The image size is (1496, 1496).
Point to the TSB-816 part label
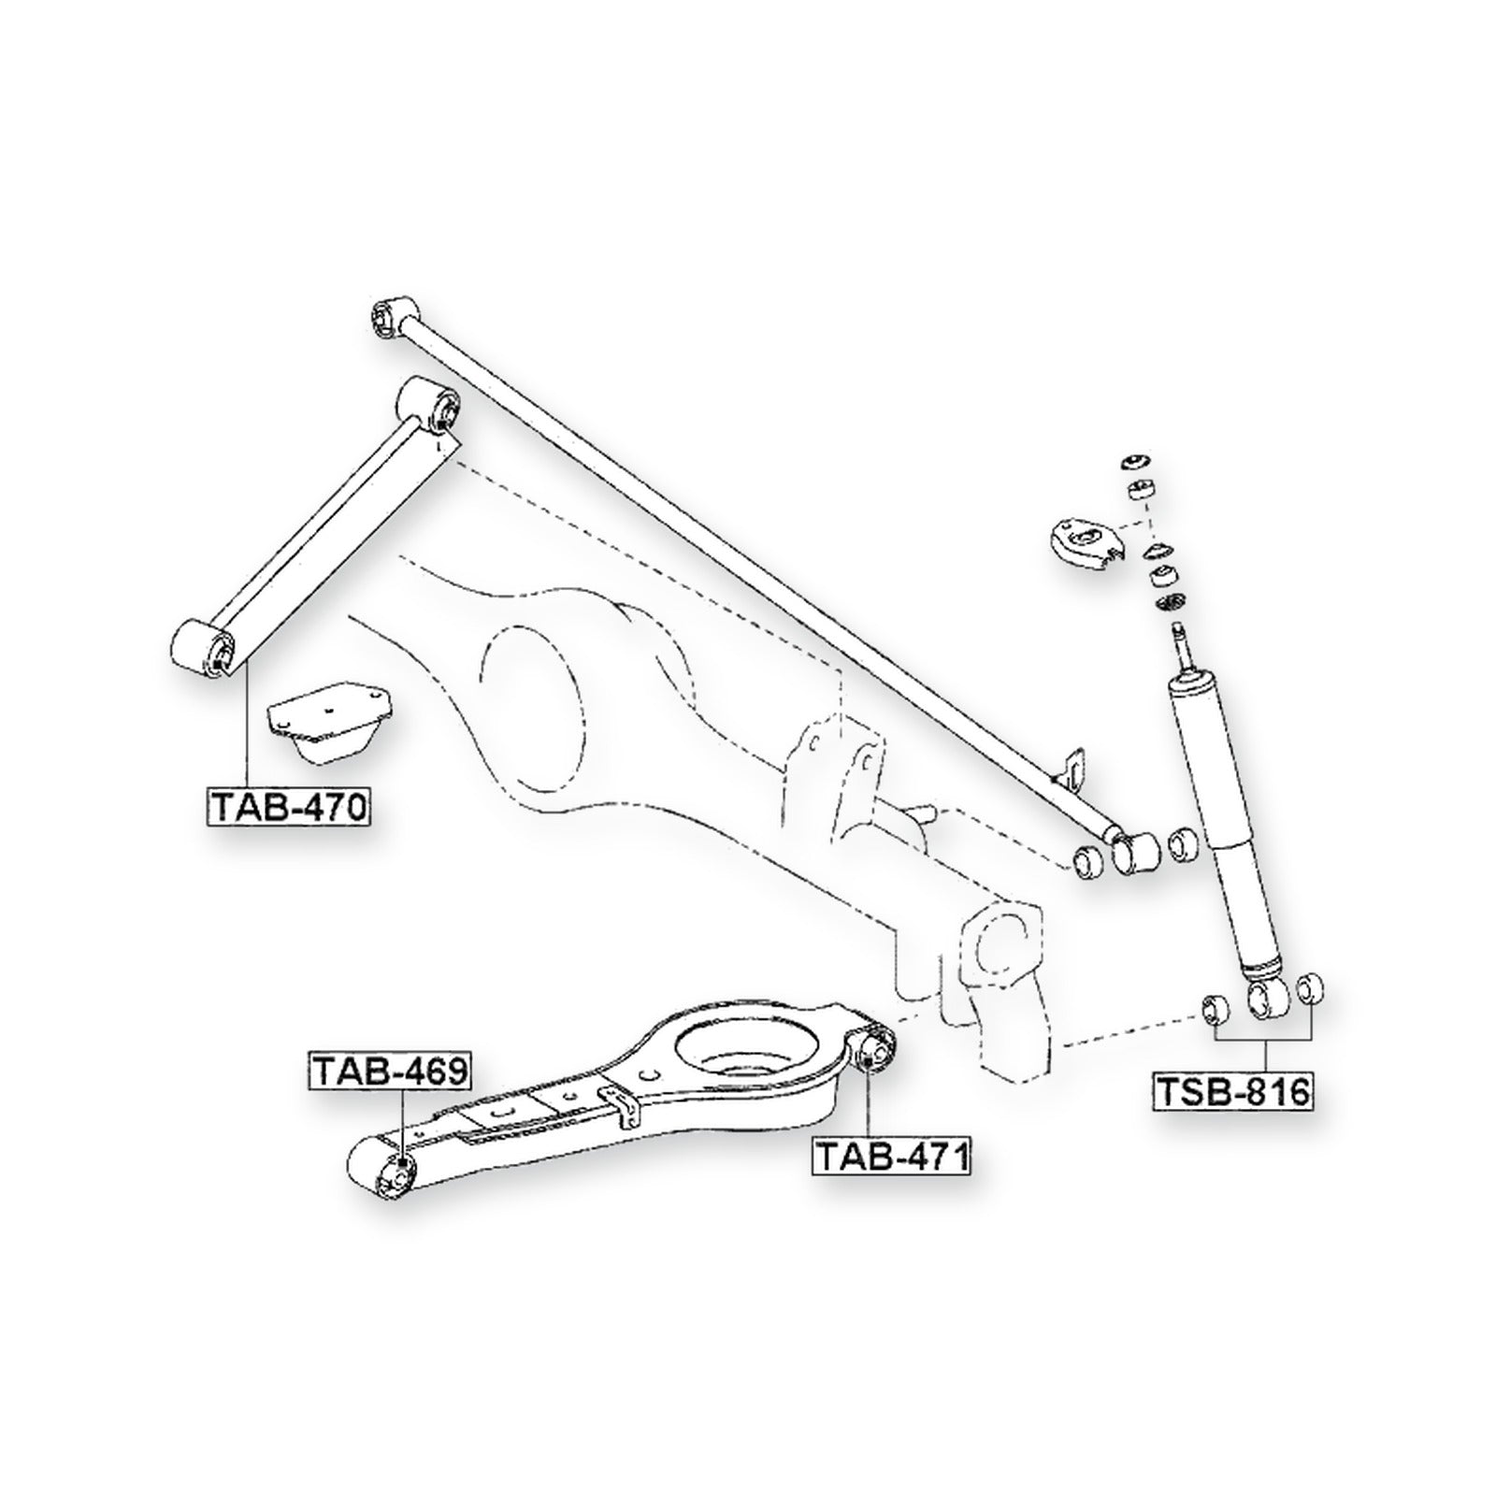[x=1235, y=1090]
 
